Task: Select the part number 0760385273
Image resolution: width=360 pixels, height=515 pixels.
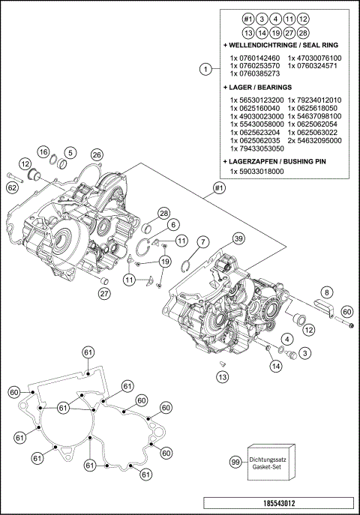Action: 255,74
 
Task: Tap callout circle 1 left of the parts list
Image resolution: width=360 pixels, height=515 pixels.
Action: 204,70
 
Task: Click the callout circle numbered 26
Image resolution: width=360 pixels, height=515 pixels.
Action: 96,154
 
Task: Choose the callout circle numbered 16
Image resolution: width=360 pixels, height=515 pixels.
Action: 44,151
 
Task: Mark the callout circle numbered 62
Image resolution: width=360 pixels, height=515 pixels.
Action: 12,188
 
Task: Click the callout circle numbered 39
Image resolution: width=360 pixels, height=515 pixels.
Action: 238,238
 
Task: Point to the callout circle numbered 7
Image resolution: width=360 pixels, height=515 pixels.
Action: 202,241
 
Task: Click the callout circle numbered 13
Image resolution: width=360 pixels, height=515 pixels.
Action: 222,377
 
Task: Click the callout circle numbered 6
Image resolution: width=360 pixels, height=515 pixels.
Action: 172,224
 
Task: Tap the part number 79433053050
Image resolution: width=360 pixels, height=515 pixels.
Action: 257,148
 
